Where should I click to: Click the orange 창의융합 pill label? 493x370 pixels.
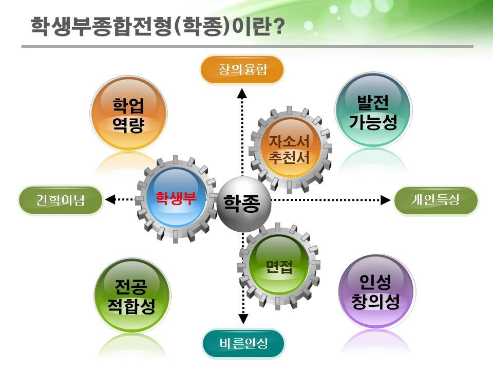pos(242,69)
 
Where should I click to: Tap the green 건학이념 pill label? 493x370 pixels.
pos(61,200)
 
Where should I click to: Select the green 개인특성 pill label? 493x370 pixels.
pos(436,200)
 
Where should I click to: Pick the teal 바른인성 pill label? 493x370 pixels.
pos(243,343)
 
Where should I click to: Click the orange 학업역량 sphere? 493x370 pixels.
pos(128,114)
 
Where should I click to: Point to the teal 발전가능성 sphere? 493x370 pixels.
pos(373,110)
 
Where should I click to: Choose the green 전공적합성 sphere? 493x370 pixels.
pos(132,296)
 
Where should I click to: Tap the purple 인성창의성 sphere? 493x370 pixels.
pos(376,292)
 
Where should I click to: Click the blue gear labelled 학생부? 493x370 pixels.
pos(176,198)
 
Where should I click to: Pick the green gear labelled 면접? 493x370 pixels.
pos(279,266)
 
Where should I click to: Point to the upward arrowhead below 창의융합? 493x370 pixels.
pos(242,94)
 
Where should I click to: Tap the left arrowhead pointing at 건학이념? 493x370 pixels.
pos(110,199)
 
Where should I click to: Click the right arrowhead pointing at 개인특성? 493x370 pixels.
pos(386,200)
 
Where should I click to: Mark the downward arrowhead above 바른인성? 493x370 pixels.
pos(243,319)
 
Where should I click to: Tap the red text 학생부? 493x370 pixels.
pos(176,198)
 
